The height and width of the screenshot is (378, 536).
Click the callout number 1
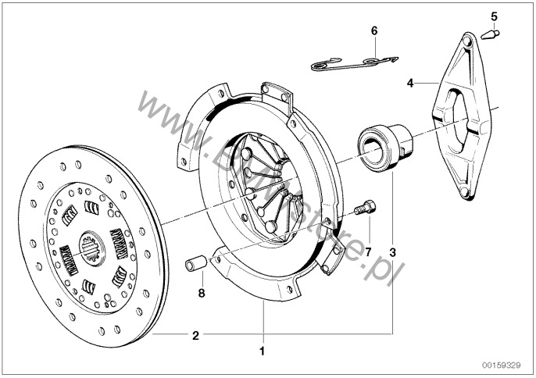click(263, 351)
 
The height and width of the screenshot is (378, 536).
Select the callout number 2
click(195, 336)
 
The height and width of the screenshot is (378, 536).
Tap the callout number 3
click(392, 252)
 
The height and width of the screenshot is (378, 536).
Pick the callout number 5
click(493, 16)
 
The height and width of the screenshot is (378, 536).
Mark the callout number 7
click(369, 251)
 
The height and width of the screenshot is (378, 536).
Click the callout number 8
click(201, 294)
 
